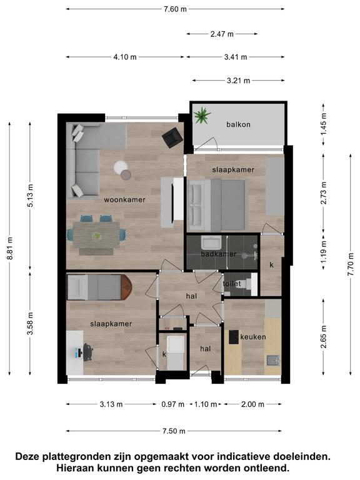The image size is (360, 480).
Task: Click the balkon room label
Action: coord(238,124)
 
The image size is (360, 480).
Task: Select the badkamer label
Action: coord(219,254)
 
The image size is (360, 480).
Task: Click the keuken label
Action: coord(253,337)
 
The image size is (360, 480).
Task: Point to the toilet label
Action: coord(232,284)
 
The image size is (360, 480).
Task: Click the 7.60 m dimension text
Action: coord(175,9)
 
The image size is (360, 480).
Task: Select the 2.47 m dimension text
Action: coord(222,34)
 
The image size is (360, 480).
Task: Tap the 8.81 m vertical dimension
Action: coord(10,248)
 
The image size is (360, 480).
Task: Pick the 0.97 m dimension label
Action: coord(173,404)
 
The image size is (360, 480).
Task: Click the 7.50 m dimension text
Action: coord(174,431)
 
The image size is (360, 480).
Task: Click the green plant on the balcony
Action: coord(202,116)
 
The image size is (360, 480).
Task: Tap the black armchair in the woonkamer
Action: coord(172,137)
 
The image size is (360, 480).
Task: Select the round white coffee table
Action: coord(121,167)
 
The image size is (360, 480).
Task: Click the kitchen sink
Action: coord(272,360)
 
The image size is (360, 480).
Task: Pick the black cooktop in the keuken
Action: coord(234,337)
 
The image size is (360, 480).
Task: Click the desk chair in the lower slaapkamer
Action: coord(88,352)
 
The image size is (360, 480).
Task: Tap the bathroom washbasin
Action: coord(211,242)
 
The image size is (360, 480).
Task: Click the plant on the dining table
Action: coord(97,236)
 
